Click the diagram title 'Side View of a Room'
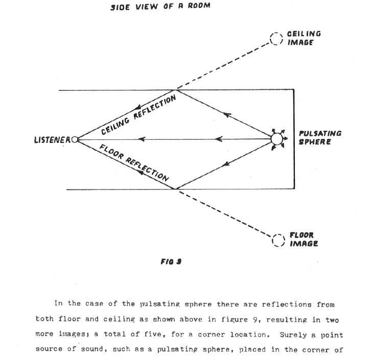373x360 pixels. pyautogui.click(x=160, y=7)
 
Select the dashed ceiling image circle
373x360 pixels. pyautogui.click(x=271, y=38)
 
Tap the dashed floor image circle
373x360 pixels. pyautogui.click(x=273, y=240)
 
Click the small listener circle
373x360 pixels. pyautogui.click(x=72, y=139)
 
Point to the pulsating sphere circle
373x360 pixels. pyautogui.click(x=271, y=139)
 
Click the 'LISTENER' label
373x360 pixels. pyautogui.click(x=52, y=140)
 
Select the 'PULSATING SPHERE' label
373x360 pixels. pyautogui.click(x=320, y=138)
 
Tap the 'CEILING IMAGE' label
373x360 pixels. pyautogui.click(x=304, y=38)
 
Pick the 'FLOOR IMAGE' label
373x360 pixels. pyautogui.click(x=304, y=239)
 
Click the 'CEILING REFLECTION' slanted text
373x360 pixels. pyautogui.click(x=138, y=114)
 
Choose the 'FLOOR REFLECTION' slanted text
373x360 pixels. pyautogui.click(x=134, y=162)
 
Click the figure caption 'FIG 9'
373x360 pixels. pyautogui.click(x=171, y=262)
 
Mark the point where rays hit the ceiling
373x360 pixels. pyautogui.click(x=176, y=90)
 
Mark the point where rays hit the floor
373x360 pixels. pyautogui.click(x=176, y=189)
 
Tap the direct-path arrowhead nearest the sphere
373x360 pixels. pyautogui.click(x=219, y=139)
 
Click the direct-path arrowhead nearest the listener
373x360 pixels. pyautogui.click(x=142, y=139)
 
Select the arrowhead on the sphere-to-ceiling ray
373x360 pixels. pyautogui.click(x=227, y=115)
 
